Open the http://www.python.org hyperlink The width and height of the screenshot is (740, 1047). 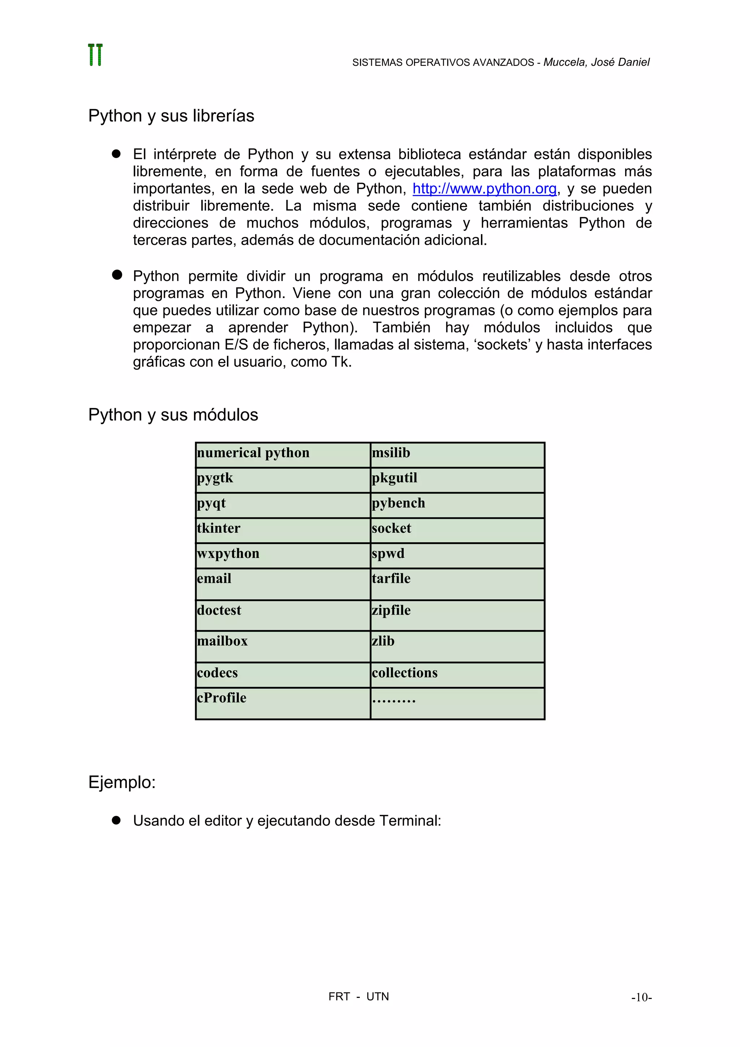[x=484, y=188]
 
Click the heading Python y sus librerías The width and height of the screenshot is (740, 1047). [x=171, y=116]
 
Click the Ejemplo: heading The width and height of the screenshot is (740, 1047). [x=122, y=783]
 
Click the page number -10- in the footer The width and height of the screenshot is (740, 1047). [x=641, y=997]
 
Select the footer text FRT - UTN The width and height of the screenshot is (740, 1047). [x=358, y=997]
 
